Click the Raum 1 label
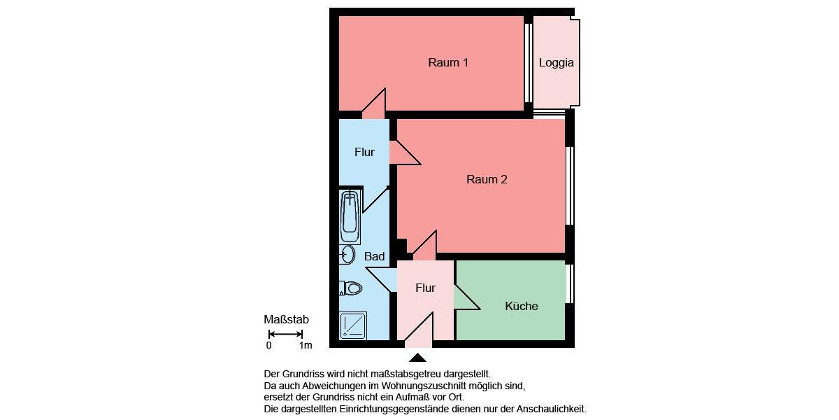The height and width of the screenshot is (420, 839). tap(448, 63)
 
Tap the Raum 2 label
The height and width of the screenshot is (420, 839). tap(487, 180)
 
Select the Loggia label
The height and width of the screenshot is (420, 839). tap(557, 63)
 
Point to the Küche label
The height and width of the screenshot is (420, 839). tap(522, 307)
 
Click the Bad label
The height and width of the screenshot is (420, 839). tap(374, 257)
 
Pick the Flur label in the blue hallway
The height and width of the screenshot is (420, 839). tap(364, 153)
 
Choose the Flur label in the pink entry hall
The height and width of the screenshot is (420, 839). tap(425, 288)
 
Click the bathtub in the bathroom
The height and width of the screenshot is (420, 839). tap(350, 216)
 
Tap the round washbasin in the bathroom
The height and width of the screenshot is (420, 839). tap(347, 255)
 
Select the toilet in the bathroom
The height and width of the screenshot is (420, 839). tap(351, 288)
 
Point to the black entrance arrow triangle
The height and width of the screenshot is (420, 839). tap(417, 358)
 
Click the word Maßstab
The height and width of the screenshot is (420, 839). tap(286, 320)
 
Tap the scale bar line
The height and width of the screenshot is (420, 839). tap(285, 334)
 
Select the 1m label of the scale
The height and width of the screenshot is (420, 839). tap(305, 346)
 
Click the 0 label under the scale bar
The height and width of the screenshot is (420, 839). tap(269, 346)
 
